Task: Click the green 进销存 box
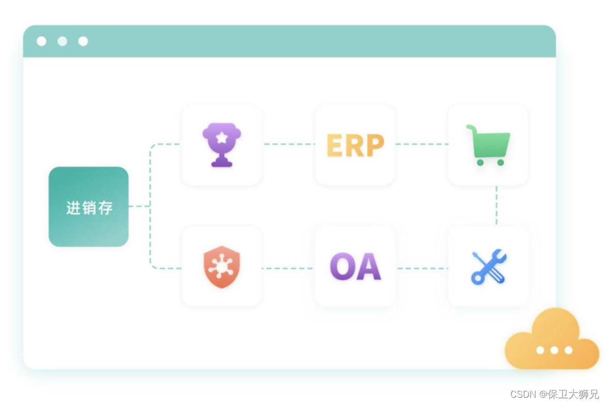[x=88, y=207]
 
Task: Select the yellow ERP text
[x=355, y=146]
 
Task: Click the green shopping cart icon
[x=489, y=145]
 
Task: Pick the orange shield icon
[x=222, y=266]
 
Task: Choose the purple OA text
[x=355, y=267]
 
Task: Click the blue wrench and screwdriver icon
[x=489, y=266]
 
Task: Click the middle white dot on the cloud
[x=554, y=350]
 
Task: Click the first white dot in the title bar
[x=41, y=41]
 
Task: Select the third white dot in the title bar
[x=83, y=41]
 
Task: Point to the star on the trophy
[x=222, y=137]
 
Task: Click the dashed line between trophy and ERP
[x=289, y=144]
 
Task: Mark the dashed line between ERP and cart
[x=421, y=144]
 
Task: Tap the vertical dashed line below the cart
[x=496, y=206]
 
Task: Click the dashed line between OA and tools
[x=422, y=268]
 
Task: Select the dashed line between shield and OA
[x=288, y=268]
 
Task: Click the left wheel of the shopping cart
[x=480, y=163]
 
